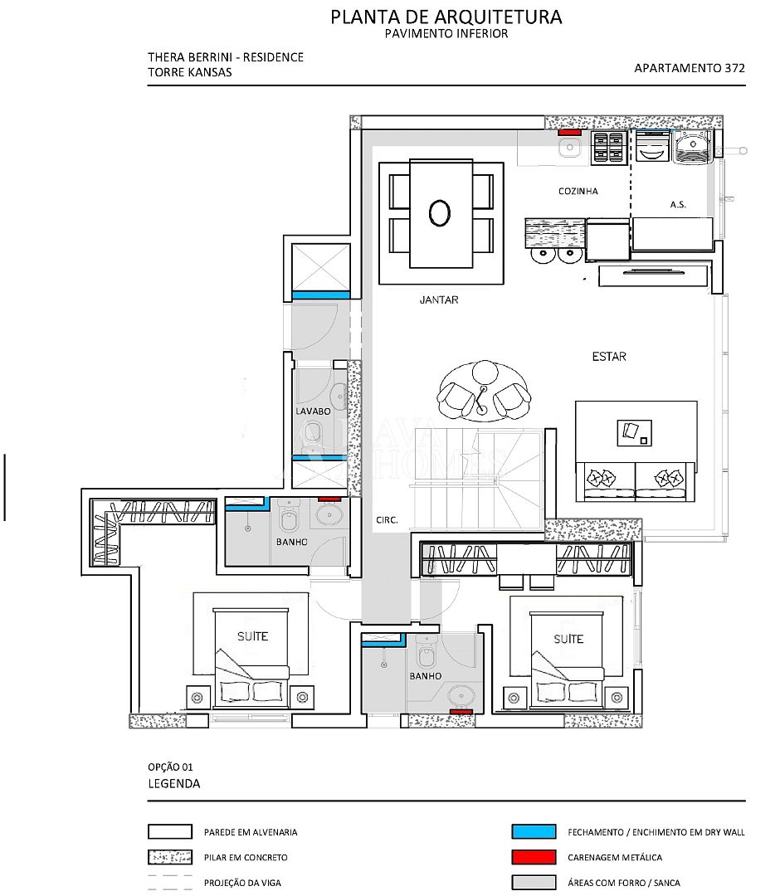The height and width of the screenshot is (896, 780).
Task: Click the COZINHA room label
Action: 578,191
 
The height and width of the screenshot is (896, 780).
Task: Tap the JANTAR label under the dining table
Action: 439,299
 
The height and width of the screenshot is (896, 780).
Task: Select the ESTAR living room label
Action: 609,357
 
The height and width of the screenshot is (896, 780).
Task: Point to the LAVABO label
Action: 313,411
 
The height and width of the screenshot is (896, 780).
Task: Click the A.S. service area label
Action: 678,204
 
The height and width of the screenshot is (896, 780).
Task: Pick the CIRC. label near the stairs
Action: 387,520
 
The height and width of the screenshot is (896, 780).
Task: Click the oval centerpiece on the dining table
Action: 440,212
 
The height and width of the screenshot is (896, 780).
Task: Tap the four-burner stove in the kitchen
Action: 608,147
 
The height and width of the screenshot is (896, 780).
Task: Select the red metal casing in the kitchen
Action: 569,133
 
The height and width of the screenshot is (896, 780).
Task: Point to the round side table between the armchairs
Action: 485,372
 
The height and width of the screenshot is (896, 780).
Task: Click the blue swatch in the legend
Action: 534,831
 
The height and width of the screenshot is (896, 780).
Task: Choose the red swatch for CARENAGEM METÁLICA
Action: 534,856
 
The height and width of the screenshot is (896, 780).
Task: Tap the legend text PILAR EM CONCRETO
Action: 246,857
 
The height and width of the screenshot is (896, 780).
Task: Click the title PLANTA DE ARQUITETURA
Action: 446,17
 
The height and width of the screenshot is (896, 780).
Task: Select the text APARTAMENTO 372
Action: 690,68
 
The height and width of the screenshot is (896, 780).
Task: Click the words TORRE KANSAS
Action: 190,72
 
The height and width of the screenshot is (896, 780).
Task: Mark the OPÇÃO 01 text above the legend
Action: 170,767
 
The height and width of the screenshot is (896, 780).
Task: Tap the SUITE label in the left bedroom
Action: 252,636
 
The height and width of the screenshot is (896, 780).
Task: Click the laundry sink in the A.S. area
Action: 693,146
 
